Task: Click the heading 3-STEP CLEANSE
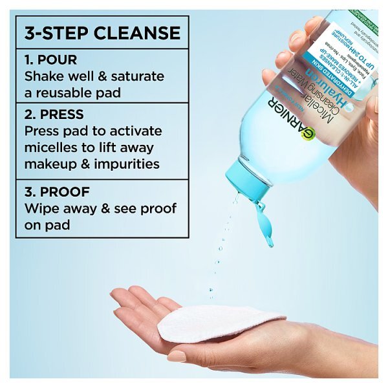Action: pos(102,32)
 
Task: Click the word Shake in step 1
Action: pos(44,76)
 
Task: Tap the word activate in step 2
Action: pos(133,131)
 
